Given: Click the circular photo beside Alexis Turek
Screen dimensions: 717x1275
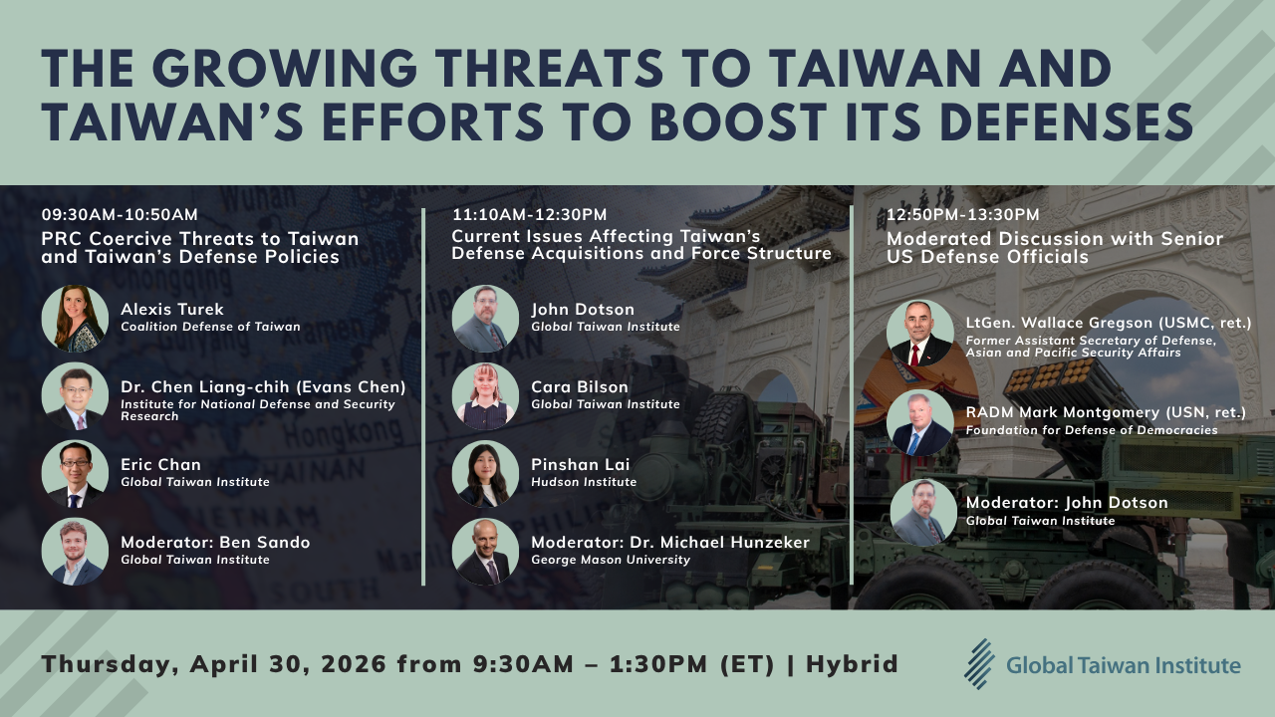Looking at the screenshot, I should pos(75,319).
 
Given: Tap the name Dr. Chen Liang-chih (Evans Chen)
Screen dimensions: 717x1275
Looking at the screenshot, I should pos(263,387).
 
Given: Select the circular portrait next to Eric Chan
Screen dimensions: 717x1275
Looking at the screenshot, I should pos(75,474).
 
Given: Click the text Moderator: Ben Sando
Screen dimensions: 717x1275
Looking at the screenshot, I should pos(215,543).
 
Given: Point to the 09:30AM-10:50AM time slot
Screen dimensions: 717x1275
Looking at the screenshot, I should pos(120,214).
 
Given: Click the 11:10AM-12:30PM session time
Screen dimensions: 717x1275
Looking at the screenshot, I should pos(529,214).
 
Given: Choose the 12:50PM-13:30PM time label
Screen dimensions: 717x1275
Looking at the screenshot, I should pos(963,214).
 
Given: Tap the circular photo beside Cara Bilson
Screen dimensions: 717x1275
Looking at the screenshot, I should pos(485,396).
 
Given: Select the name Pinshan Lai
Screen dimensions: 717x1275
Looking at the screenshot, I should pos(581,465).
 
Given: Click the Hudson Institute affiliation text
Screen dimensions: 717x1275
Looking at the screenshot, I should pos(584,482).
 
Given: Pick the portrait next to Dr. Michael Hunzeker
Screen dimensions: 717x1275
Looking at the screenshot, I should pos(485,552).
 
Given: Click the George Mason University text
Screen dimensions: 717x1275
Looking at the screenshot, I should pos(611,560).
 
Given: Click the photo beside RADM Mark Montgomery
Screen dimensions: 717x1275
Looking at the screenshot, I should pos(919,423).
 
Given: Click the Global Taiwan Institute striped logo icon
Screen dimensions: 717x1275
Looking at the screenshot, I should pos(979,663).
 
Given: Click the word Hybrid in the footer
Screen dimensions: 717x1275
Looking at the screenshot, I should pos(853,664).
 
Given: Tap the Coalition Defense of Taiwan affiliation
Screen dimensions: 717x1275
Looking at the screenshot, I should pos(210,327).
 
